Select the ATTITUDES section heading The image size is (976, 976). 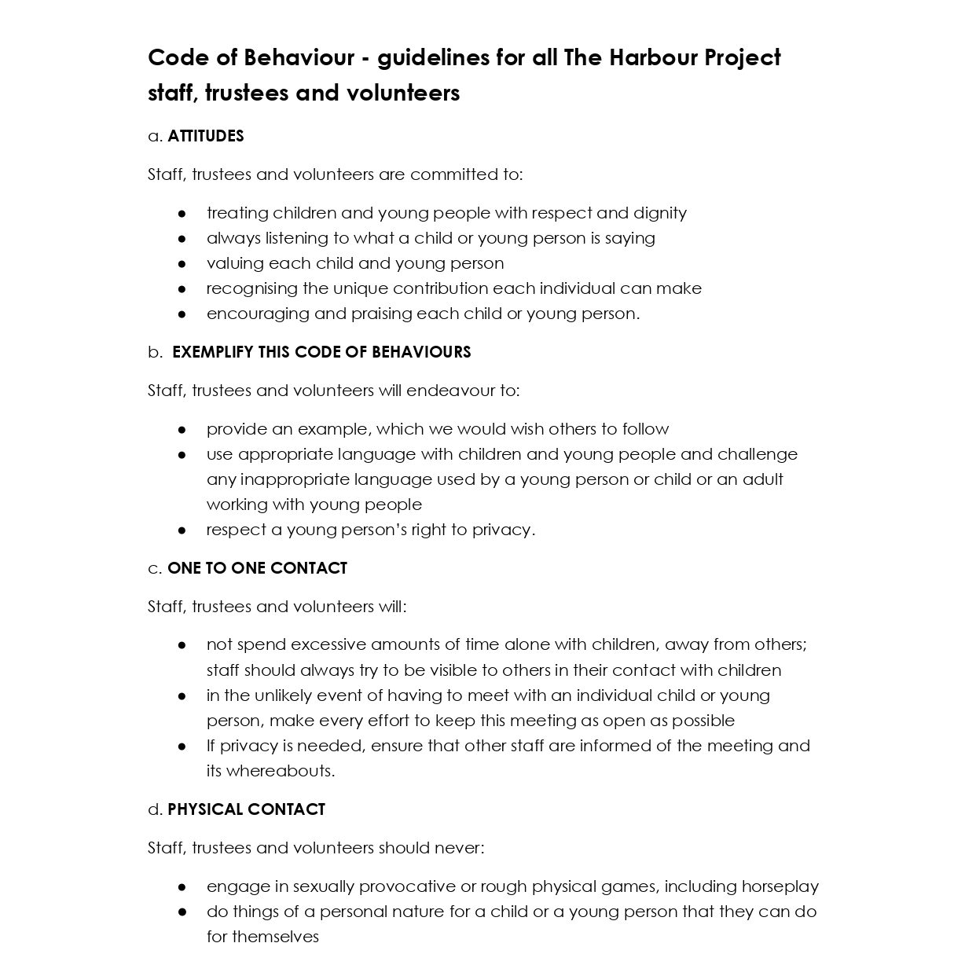pos(206,136)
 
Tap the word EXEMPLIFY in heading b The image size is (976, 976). pos(212,352)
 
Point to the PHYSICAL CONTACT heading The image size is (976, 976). pos(246,809)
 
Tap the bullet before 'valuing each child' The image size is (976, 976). pos(182,263)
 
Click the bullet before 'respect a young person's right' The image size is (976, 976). pos(182,530)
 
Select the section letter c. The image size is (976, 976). pos(154,568)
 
